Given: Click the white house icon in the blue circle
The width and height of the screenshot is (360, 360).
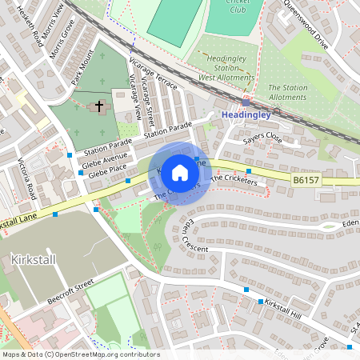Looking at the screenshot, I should [x=180, y=173].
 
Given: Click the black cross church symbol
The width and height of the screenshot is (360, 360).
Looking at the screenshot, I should [x=100, y=106].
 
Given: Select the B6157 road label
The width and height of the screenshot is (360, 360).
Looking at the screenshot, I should [x=306, y=182].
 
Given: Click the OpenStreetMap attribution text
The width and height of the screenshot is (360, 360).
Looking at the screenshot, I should [x=80, y=354].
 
